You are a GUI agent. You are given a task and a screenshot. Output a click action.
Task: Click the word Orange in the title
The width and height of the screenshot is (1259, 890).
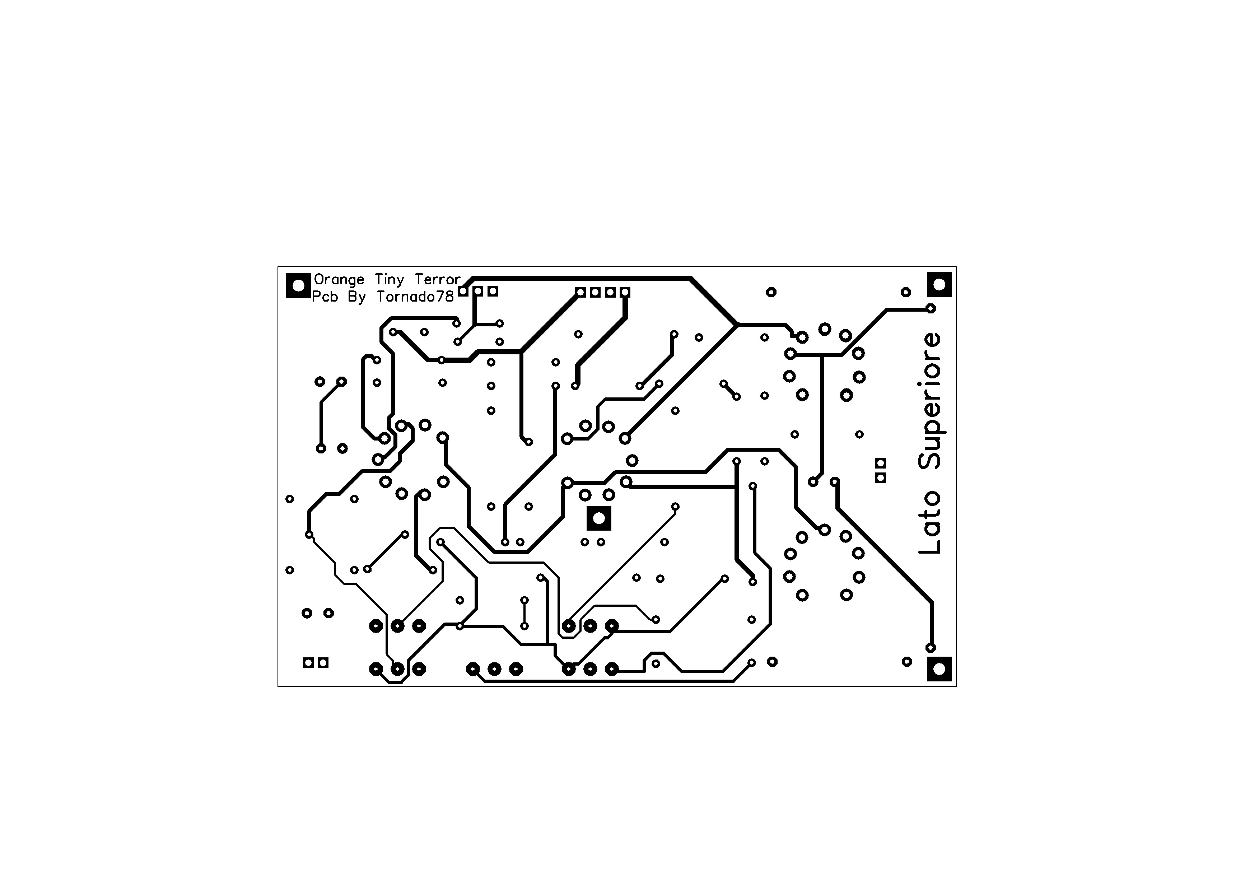click(339, 280)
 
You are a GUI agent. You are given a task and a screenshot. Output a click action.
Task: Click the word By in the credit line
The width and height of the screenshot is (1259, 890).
click(356, 297)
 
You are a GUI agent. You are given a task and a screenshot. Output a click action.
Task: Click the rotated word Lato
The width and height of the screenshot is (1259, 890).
click(930, 523)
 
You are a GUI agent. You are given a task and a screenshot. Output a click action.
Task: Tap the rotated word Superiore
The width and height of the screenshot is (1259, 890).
click(931, 401)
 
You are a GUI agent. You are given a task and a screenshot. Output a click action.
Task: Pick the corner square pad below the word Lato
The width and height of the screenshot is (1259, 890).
click(939, 669)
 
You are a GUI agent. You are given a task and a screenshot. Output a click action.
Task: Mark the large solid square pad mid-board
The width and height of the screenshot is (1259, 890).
click(599, 518)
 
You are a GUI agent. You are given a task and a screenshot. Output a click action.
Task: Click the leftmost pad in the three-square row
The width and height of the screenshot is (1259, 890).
click(463, 291)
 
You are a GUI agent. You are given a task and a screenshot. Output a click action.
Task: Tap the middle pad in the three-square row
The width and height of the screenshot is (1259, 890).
click(478, 291)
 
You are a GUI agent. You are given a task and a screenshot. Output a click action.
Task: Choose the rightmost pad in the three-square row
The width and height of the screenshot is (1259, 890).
click(493, 291)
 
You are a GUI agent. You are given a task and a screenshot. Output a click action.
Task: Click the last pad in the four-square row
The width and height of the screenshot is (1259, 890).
click(625, 292)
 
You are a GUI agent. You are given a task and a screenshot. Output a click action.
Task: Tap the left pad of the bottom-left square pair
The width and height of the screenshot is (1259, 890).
click(309, 663)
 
